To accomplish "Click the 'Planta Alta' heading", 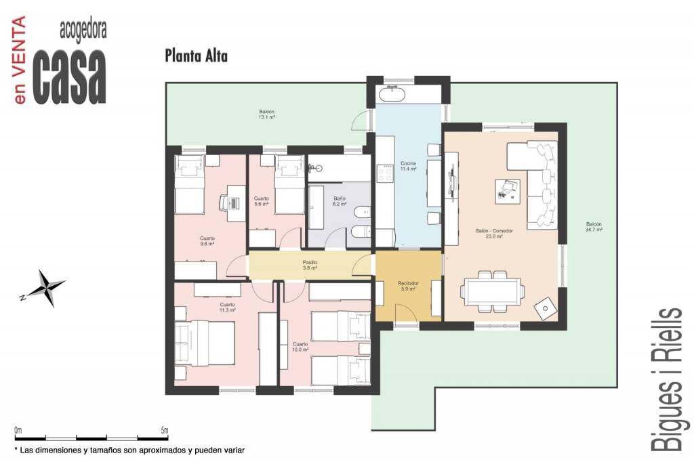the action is [x=196, y=56].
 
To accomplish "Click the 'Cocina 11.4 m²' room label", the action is [x=408, y=166].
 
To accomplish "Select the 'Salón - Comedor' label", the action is [x=494, y=231].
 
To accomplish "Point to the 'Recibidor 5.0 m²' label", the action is [x=408, y=286].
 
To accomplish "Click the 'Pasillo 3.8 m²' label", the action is [x=310, y=265].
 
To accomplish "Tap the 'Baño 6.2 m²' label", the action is [x=340, y=201].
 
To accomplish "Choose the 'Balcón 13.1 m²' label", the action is [x=266, y=114].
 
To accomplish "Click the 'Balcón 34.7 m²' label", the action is [x=594, y=227].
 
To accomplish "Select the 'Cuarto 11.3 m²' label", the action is [x=228, y=308].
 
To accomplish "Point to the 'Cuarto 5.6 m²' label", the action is [x=261, y=201].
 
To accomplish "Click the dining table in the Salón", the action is [x=492, y=291].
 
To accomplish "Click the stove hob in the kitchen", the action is [x=385, y=173].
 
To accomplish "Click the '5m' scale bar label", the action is [x=164, y=430].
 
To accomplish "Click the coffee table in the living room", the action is [x=507, y=191].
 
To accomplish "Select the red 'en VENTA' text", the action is [x=19, y=60].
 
